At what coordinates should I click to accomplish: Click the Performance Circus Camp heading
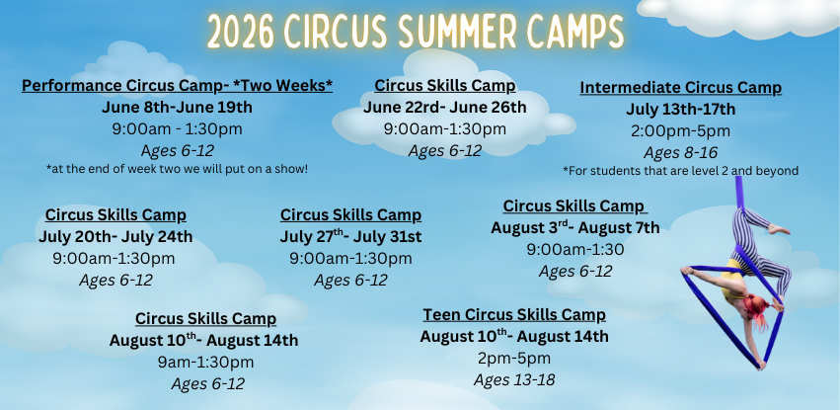[177, 86]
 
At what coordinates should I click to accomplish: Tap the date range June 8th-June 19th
[177, 107]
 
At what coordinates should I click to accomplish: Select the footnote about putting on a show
[177, 169]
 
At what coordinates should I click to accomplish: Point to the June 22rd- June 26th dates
[444, 107]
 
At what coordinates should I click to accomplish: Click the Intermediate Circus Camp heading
[680, 88]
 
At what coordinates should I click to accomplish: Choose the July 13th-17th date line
[680, 109]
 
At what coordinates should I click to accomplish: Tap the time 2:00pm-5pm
[680, 130]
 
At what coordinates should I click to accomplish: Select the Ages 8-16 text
[680, 152]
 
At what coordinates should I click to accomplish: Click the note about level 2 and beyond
[680, 171]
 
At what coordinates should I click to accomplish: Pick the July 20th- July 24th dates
[115, 236]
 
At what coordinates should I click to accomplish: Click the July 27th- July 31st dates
[350, 236]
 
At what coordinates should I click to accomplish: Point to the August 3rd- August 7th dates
[574, 227]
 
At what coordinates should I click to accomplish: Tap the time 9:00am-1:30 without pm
[574, 249]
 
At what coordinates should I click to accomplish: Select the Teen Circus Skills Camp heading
[514, 315]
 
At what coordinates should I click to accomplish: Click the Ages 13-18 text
[514, 379]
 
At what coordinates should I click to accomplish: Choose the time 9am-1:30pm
[205, 362]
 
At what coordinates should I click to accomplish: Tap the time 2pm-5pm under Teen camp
[514, 358]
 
